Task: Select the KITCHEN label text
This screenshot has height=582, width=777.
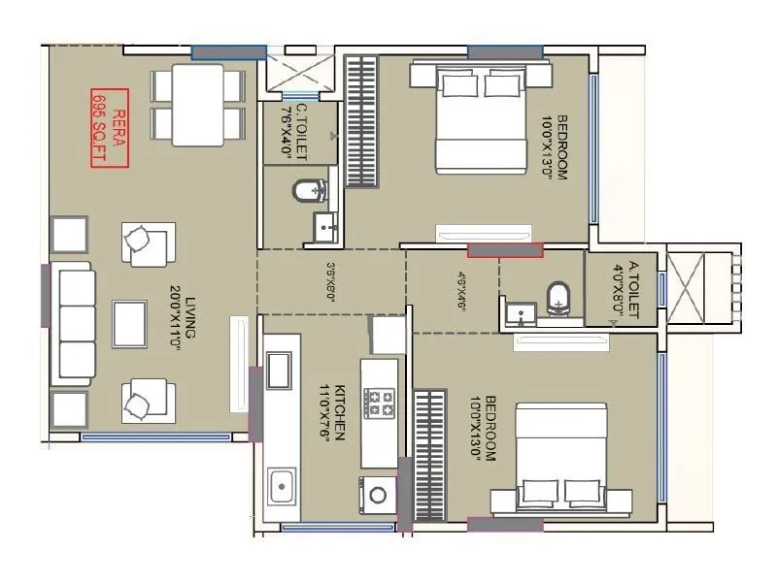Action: pos(333,412)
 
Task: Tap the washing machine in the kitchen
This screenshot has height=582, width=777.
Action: pos(377,494)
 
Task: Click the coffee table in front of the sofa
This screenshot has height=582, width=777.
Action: pos(129,324)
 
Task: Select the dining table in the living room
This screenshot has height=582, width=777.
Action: pos(197,102)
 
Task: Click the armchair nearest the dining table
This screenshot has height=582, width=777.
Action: pos(148,242)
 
